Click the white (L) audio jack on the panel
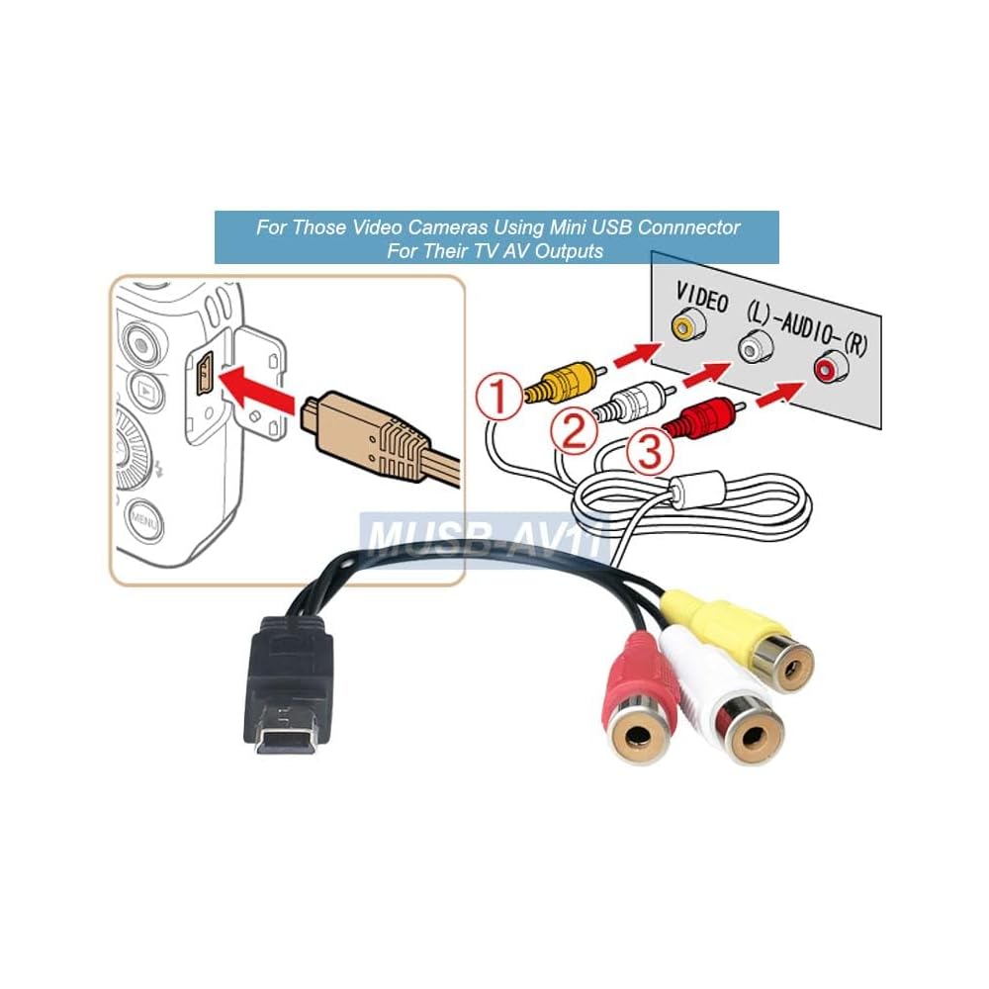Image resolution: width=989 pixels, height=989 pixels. tap(755, 346)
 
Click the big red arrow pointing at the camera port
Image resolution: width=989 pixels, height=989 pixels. tap(257, 386)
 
